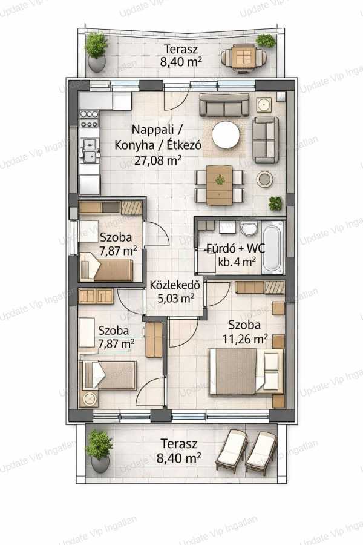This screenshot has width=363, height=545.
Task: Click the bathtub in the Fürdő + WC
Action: click(272, 248)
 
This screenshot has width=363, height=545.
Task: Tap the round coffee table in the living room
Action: click(226, 135)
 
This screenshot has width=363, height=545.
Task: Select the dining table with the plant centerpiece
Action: click(219, 185)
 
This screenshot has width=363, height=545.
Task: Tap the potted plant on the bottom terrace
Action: click(100, 451)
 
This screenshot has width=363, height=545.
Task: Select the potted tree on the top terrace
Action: click(96, 52)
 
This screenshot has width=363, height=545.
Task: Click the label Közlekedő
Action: click(175, 285)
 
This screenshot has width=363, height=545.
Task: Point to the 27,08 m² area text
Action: click(158, 160)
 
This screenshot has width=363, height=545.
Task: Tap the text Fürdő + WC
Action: click(236, 248)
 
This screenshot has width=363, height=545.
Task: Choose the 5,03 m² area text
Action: click(175, 298)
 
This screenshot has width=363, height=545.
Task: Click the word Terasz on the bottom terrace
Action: click(179, 444)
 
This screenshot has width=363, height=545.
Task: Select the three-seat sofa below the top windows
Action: click(224, 105)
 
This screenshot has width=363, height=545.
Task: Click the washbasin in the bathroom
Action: click(249, 228)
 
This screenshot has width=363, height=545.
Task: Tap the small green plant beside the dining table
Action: click(275, 203)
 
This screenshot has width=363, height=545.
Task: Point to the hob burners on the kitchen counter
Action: click(90, 119)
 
